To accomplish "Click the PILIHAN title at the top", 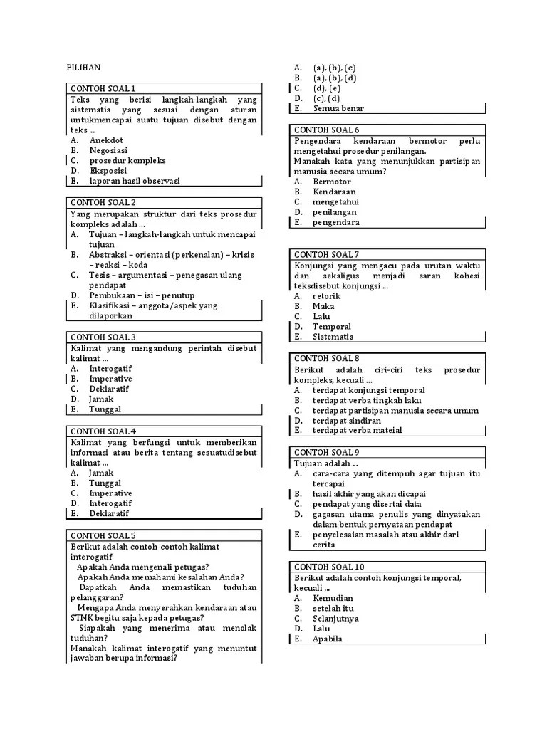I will pos(85,68).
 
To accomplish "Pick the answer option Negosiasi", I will pos(108,150).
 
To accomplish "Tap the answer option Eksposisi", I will pos(108,171).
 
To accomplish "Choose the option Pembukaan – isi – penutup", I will pos(142,295).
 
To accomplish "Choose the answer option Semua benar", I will pos(338,108).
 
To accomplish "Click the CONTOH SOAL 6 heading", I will pos(327,130).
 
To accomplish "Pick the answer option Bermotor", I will pos(333,182).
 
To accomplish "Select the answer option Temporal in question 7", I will pos(332,327).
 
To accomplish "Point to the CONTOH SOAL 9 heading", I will pos(327,452).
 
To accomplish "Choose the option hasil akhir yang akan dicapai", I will pos(369,493).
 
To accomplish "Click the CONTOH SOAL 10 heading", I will pos(329,566).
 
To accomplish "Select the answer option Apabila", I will pos(327,639).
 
